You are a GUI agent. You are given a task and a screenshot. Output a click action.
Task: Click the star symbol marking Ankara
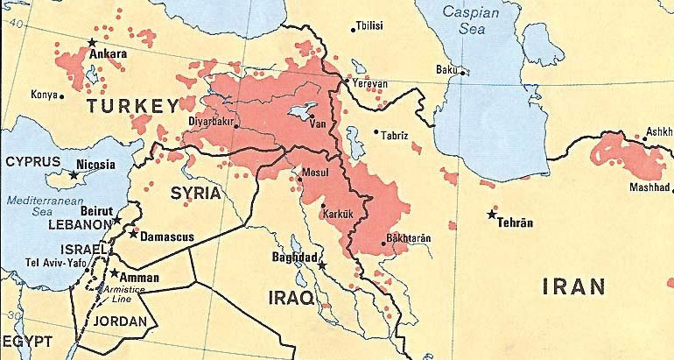tap(92, 42)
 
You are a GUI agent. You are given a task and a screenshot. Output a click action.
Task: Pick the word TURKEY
tap(132, 107)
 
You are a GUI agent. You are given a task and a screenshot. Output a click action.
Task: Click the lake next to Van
tap(304, 112)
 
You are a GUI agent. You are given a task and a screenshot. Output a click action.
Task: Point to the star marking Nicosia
tap(74, 175)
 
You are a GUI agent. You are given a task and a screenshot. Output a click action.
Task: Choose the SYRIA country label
tap(196, 192)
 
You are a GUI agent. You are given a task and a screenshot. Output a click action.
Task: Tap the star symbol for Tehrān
tap(491, 214)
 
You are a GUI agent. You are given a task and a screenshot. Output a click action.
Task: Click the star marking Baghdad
tap(321, 265)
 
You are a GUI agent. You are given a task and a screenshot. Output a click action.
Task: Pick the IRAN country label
tap(573, 286)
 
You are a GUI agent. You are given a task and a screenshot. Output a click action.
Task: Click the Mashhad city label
tap(649, 187)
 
